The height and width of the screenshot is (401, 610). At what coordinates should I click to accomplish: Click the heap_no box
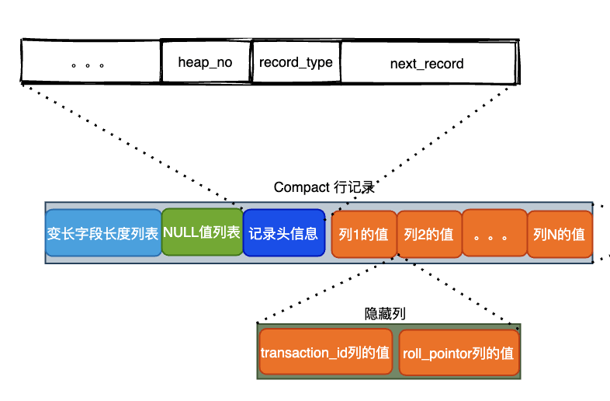click(206, 62)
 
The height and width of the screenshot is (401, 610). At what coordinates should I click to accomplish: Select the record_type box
click(296, 62)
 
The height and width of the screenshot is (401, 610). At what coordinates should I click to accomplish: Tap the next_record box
click(428, 62)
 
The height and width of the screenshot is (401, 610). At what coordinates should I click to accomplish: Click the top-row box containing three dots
click(89, 62)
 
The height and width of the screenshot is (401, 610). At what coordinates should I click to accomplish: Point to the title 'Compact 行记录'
click(324, 188)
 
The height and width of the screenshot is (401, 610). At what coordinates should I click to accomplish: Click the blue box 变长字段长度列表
click(102, 233)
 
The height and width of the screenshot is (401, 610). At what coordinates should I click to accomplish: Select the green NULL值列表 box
click(202, 232)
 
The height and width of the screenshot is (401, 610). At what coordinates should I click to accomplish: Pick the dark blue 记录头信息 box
click(283, 233)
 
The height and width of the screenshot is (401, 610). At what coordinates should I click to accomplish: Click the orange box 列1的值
click(363, 234)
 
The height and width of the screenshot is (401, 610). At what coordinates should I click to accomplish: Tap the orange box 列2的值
click(428, 234)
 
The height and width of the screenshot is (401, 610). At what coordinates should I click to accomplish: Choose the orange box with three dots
click(494, 234)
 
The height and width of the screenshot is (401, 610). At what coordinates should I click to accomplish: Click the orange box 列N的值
click(559, 234)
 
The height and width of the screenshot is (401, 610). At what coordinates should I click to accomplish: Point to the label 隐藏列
click(386, 313)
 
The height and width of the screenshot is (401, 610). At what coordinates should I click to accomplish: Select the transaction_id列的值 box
click(325, 353)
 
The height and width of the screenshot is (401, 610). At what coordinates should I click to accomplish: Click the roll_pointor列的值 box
click(458, 354)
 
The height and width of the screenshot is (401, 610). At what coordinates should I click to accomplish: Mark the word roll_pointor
click(439, 354)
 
